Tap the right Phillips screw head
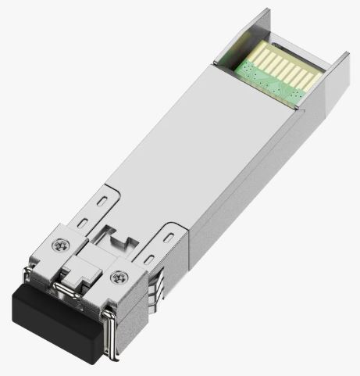pos(119,275)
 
